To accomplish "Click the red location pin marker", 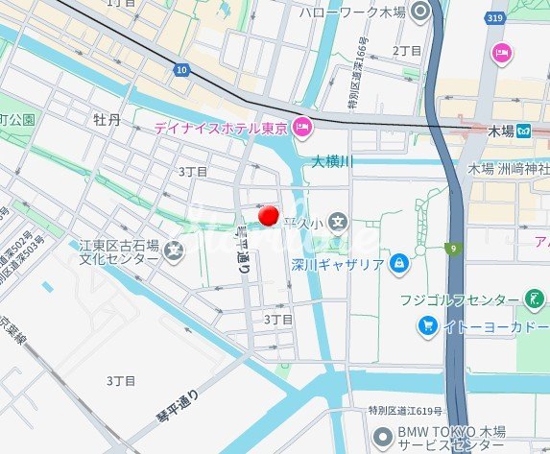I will tap(270, 216).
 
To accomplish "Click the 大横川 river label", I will tap(333, 162).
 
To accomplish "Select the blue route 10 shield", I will tap(182, 69).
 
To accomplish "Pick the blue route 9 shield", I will tap(450, 250).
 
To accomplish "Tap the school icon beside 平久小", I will tap(338, 224).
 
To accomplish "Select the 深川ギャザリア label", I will tap(337, 264).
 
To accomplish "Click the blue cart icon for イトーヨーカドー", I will tap(427, 326).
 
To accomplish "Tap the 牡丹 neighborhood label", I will tap(108, 119).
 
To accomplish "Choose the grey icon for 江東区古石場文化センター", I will tap(174, 252).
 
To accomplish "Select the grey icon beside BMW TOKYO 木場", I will tap(382, 435).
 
